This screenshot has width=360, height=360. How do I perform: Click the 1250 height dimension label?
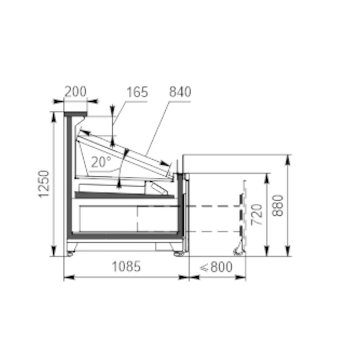(x=44, y=184)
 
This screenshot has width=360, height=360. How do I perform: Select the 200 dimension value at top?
(x=75, y=91)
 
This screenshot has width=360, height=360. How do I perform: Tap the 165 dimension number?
(x=137, y=92)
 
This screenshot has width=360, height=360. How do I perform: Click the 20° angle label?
(x=101, y=162)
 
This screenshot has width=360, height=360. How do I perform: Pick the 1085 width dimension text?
(x=126, y=266)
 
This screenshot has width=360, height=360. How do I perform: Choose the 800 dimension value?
(x=221, y=267)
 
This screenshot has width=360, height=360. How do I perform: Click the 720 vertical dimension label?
(x=256, y=215)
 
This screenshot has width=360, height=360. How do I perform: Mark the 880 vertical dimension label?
(x=277, y=206)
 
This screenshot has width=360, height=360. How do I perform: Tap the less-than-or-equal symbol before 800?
(x=204, y=267)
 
